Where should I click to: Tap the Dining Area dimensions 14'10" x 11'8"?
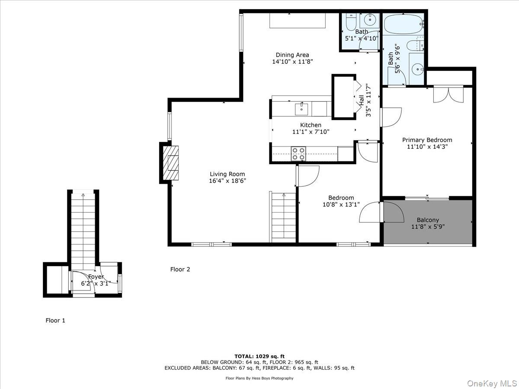point(292,62)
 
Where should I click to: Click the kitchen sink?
point(301,109)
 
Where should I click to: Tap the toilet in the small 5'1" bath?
point(351,22)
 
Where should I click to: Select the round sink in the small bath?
point(371,20)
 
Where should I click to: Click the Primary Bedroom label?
point(427,140)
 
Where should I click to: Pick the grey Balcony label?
point(428,220)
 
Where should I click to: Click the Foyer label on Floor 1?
point(96,277)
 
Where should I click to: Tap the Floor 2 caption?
point(180,269)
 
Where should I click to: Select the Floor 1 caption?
point(55,320)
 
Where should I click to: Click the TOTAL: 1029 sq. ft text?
point(259,356)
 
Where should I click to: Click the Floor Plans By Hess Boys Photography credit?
point(259,378)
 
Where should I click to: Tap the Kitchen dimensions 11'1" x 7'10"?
point(311,132)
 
